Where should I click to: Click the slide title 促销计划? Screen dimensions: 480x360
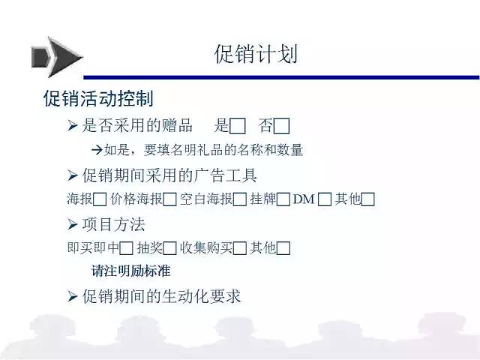256,54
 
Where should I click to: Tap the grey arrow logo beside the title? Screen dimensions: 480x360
57,57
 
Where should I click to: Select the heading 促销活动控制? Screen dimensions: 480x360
98,98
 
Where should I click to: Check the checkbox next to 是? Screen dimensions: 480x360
238,126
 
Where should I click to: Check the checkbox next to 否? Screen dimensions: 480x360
282,126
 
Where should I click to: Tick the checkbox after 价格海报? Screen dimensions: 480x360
170,199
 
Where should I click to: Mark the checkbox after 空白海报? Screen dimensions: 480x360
240,199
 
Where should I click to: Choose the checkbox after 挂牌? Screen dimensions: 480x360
283,199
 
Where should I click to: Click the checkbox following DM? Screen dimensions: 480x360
325,199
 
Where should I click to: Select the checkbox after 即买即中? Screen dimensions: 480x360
126,248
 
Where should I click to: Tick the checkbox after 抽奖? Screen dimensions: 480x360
170,248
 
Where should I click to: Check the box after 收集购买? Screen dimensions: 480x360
240,248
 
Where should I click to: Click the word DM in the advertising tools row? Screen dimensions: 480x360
304,199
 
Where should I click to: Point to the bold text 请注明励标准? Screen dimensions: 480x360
131,271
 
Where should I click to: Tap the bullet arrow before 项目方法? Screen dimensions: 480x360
72,225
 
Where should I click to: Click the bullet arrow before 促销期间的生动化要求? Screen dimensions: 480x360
72,296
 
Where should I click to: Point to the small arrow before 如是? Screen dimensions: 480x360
97,150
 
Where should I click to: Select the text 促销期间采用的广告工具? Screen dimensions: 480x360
169,175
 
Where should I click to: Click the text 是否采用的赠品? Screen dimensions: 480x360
137,125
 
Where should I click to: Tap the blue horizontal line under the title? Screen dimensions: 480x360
282,77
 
